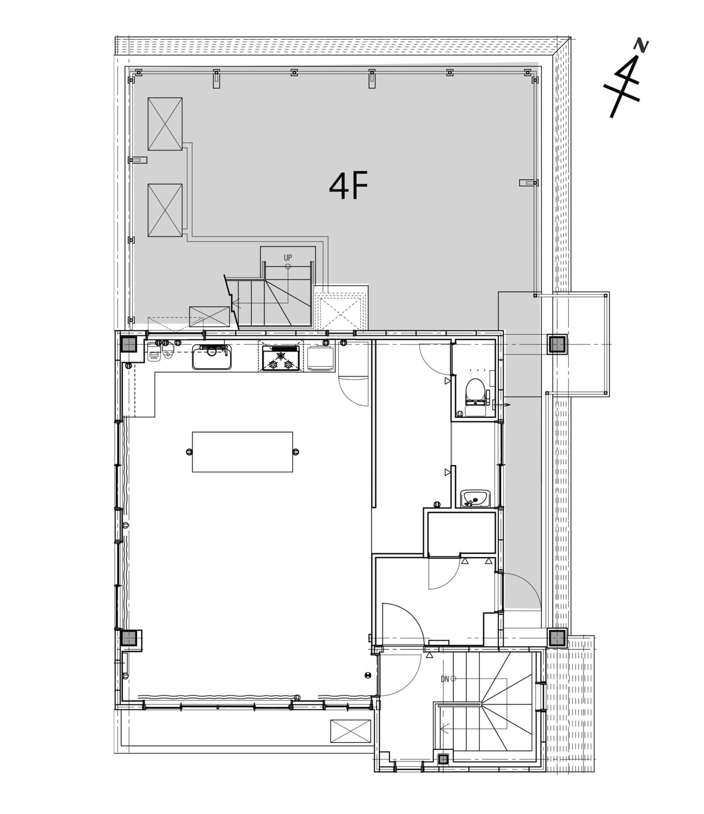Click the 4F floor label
click(348, 187)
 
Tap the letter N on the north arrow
click(641, 45)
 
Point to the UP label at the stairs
click(288, 257)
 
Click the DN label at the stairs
click(445, 679)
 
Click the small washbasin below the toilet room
click(475, 499)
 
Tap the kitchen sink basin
click(212, 357)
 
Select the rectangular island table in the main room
click(242, 452)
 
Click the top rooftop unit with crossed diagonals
click(165, 124)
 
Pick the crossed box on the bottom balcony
click(351, 731)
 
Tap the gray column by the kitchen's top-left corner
click(129, 345)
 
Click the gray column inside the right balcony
click(557, 345)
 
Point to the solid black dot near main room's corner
click(368, 675)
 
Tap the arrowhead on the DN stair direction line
click(443, 729)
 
